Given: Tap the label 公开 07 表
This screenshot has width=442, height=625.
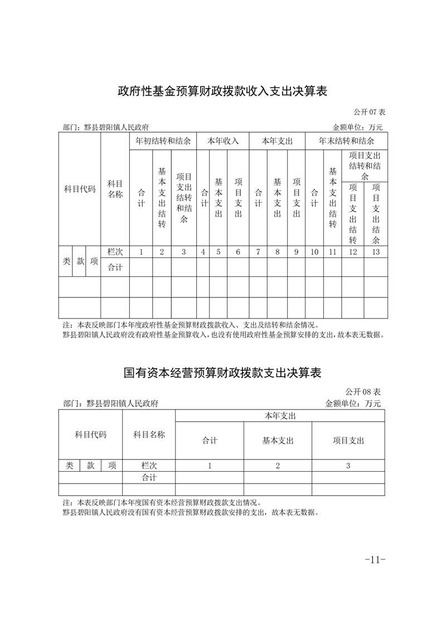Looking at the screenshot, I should (366, 112).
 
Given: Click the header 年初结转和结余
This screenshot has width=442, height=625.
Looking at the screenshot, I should (163, 141).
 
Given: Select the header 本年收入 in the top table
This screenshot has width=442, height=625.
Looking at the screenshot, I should (223, 141).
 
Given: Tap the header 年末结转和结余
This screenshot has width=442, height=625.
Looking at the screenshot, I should (346, 141).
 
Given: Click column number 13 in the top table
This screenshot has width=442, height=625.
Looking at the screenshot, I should (376, 252).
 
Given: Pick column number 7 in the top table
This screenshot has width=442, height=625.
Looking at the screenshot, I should (258, 252).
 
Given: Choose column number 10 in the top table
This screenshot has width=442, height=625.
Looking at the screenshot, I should (314, 252).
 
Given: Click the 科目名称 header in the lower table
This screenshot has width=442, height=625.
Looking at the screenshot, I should (149, 434).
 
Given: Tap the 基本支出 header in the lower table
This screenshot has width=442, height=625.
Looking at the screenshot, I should (278, 440).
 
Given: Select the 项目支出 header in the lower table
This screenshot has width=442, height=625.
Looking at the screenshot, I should (348, 440).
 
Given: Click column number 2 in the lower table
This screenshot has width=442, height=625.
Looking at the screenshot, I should (278, 466).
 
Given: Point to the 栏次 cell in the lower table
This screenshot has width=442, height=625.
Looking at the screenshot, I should (149, 466).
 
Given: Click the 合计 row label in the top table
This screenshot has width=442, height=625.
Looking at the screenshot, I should (115, 267).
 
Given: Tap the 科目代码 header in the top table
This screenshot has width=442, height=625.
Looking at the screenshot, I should (80, 189).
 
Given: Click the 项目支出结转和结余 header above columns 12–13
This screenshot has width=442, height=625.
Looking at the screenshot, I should (365, 165).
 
